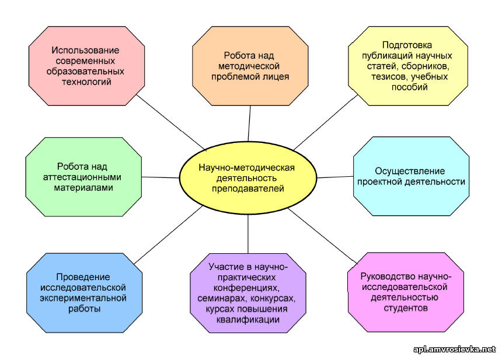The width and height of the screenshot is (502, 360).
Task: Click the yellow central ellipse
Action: coord(248,178)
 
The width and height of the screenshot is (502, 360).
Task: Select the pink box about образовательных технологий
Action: coord(86,66)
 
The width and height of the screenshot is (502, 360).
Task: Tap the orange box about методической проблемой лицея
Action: coord(250,66)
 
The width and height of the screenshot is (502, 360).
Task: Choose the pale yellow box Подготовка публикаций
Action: coord(408,66)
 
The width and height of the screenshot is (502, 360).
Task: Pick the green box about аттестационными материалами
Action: coord(83,177)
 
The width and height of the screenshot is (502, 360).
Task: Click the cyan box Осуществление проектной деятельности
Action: coord(411,176)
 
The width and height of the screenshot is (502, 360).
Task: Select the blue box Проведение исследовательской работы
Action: coord(84,293)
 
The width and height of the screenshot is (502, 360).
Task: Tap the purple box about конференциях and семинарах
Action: coord(248,293)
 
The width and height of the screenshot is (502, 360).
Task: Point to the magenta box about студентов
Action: coord(406,292)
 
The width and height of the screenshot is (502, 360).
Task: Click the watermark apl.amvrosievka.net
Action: coord(454,349)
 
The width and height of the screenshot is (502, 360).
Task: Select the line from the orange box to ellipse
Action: coord(249,124)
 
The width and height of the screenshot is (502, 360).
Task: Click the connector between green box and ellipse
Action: coord(161,177)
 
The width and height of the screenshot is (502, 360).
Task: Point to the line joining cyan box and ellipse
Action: coord(335,177)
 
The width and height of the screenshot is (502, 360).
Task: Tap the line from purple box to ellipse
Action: coord(248,234)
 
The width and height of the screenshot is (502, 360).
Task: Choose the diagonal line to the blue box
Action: coord(168,235)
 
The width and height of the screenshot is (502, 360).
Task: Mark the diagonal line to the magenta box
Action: coord(322,236)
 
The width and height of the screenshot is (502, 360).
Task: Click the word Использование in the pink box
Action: coord(85,50)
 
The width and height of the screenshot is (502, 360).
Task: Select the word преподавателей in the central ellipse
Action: coord(248,188)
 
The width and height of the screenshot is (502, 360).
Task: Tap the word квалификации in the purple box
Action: coord(248,320)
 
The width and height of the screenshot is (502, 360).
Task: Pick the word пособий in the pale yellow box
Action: coord(409,87)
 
